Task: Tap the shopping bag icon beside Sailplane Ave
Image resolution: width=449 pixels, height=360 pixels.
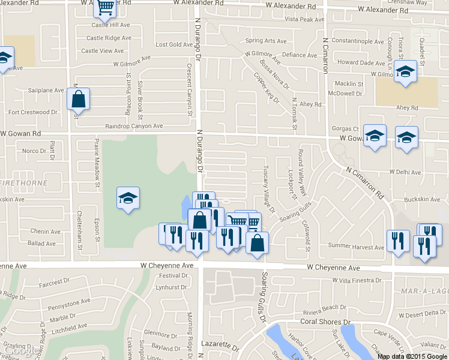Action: pos(78,99)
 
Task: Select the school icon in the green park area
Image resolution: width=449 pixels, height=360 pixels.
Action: pos(128,199)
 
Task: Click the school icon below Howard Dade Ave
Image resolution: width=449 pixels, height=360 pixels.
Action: pos(406,73)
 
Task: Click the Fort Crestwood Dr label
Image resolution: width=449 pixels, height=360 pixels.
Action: pos(32,112)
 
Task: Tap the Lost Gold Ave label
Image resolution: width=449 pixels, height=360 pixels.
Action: pos(173,45)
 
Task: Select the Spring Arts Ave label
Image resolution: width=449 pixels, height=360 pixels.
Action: pos(267,41)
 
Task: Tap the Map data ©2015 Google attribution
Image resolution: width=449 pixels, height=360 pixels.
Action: pos(412,356)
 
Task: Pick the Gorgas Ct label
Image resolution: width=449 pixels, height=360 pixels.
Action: pos(345,129)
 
